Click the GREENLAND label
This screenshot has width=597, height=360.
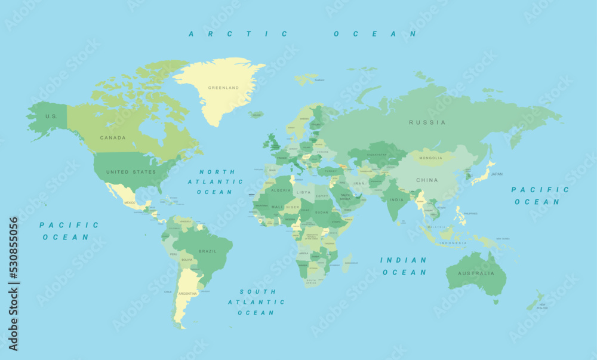(223, 88)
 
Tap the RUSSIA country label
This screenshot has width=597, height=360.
(427, 122)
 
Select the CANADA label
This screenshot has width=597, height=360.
(113, 138)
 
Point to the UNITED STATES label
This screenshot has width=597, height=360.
(131, 172)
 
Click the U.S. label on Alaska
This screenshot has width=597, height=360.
(51, 116)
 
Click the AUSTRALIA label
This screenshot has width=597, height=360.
(476, 273)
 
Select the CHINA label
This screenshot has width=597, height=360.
(427, 180)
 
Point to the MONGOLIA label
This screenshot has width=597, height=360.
(431, 158)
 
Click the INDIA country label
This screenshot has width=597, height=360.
(397, 200)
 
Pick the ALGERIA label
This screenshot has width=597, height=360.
(281, 190)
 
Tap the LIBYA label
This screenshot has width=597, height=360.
(304, 193)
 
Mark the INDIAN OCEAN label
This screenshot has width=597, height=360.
(404, 266)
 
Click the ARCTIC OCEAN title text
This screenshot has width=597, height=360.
(303, 34)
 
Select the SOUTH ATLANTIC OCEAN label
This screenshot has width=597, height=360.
(257, 302)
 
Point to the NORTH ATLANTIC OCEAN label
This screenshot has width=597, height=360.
(215, 181)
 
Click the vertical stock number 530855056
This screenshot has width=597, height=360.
(13, 284)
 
